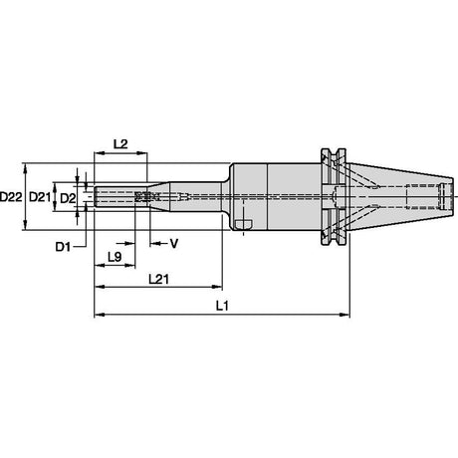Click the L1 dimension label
[x=222, y=306]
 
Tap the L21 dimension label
[x=158, y=279]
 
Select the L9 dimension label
[x=114, y=257]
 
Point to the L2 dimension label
[x=120, y=144]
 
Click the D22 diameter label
[x=11, y=197]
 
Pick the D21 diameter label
[x=40, y=197]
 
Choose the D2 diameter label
[x=68, y=199]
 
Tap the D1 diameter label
[x=63, y=247]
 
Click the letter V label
[x=174, y=244]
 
